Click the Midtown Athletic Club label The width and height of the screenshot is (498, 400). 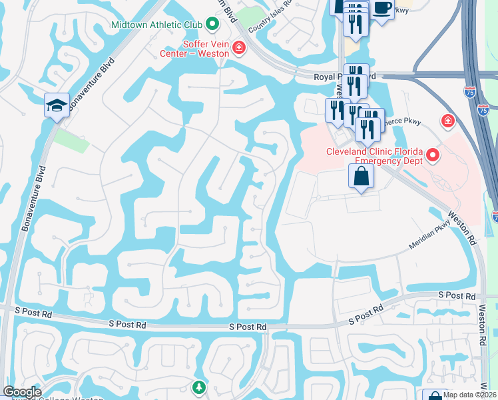click(x=157, y=25)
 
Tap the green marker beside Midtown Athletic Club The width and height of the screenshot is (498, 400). click(x=212, y=25)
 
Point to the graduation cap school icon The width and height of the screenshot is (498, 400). click(x=57, y=105)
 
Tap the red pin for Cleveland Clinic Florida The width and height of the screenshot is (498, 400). click(x=433, y=156)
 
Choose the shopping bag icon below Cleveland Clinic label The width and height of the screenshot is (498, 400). click(x=361, y=177)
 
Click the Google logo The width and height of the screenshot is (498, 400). click(x=22, y=392)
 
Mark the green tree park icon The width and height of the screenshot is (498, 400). click(x=198, y=387)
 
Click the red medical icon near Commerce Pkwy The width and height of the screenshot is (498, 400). click(x=448, y=121)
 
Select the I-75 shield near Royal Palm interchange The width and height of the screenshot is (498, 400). click(x=471, y=93)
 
